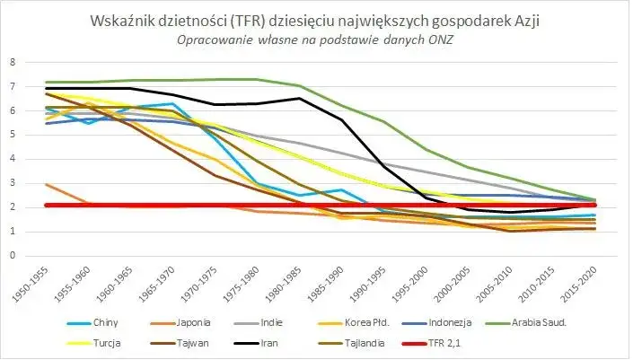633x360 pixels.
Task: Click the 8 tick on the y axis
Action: [x=13, y=63]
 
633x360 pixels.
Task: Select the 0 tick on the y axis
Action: [x=13, y=255]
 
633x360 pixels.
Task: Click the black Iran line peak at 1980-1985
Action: [x=299, y=99]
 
